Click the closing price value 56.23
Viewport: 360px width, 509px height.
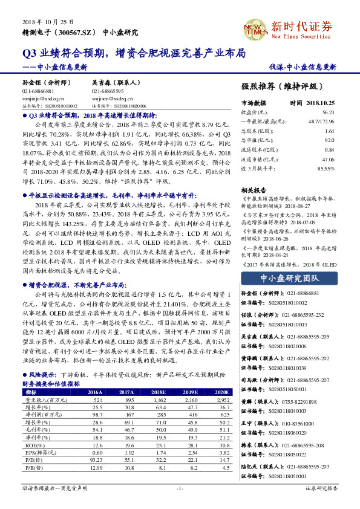click(328, 112)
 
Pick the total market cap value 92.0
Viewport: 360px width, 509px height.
click(329, 140)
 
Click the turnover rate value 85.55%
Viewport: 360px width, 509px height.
click(326, 167)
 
